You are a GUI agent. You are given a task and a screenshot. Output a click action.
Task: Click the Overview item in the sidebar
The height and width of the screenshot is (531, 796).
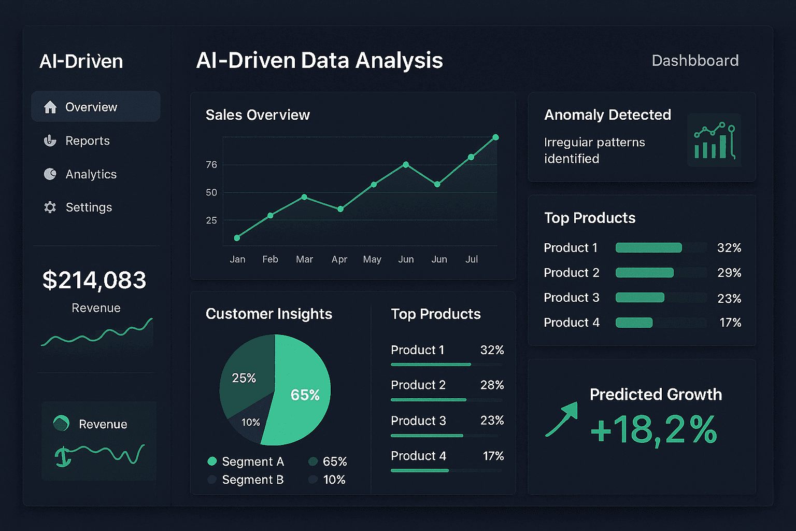(91, 107)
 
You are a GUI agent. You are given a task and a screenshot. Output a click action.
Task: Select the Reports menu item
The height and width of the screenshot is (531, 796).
(87, 141)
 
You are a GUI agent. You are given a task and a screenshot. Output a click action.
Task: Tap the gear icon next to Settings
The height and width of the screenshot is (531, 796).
(50, 207)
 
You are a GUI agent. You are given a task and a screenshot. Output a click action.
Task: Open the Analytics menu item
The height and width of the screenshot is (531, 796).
(91, 174)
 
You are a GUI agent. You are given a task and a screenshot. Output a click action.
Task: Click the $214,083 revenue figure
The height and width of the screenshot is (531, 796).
(94, 280)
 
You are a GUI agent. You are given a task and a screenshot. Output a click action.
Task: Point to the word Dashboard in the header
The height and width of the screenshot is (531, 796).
(694, 61)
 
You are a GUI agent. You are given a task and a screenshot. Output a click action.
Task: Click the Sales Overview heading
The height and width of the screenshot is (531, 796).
(258, 115)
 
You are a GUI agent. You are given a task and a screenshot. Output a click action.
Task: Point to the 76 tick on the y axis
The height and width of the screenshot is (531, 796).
(211, 165)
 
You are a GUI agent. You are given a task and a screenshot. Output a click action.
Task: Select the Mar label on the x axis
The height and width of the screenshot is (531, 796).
(304, 259)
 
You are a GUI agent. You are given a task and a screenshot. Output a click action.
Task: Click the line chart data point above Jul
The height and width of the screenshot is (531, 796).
(471, 157)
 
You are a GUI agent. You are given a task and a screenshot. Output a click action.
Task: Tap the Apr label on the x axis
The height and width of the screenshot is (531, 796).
(339, 259)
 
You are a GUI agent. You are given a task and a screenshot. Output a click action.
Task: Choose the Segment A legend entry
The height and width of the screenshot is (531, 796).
(246, 462)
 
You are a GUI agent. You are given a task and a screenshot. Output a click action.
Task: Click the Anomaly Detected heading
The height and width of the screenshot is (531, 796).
(607, 115)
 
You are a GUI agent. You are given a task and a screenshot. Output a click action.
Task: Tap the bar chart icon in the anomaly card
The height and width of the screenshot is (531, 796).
(714, 141)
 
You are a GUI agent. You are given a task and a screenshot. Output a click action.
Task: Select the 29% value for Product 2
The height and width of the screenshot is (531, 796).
(729, 273)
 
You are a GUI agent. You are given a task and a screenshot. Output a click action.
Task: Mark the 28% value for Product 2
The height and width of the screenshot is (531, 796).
(492, 385)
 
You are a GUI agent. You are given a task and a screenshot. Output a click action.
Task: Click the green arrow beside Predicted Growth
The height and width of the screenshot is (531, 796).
(562, 419)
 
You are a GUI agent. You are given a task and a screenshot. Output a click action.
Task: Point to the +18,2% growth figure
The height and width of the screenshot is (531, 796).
(653, 429)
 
